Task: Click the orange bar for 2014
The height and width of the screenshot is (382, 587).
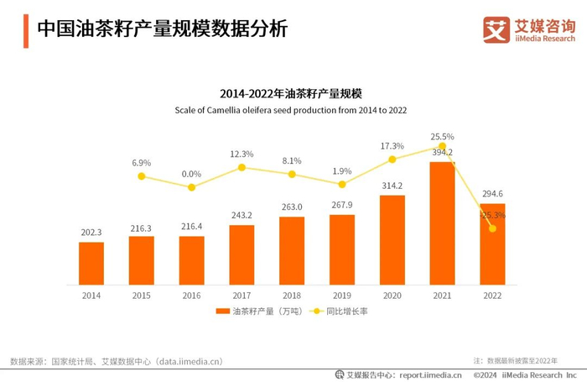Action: coord(91,262)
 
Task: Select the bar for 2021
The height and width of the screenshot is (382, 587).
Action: coord(442,222)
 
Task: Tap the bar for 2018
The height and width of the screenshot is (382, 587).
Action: coord(292,249)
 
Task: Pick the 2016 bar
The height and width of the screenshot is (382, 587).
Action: coord(191,259)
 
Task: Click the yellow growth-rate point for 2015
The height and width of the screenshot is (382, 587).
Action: coord(142,176)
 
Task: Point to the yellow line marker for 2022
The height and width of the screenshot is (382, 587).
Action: coord(492,228)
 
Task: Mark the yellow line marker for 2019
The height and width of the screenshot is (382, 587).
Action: coord(342,184)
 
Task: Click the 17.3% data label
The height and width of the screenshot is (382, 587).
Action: coord(392,146)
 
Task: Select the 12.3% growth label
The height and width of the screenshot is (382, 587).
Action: coord(242,154)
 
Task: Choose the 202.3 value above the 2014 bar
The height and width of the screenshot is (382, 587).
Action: coord(91,233)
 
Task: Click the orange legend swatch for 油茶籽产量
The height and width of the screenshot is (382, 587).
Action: coord(222,311)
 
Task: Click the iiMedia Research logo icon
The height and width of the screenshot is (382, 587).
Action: coord(496,29)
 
